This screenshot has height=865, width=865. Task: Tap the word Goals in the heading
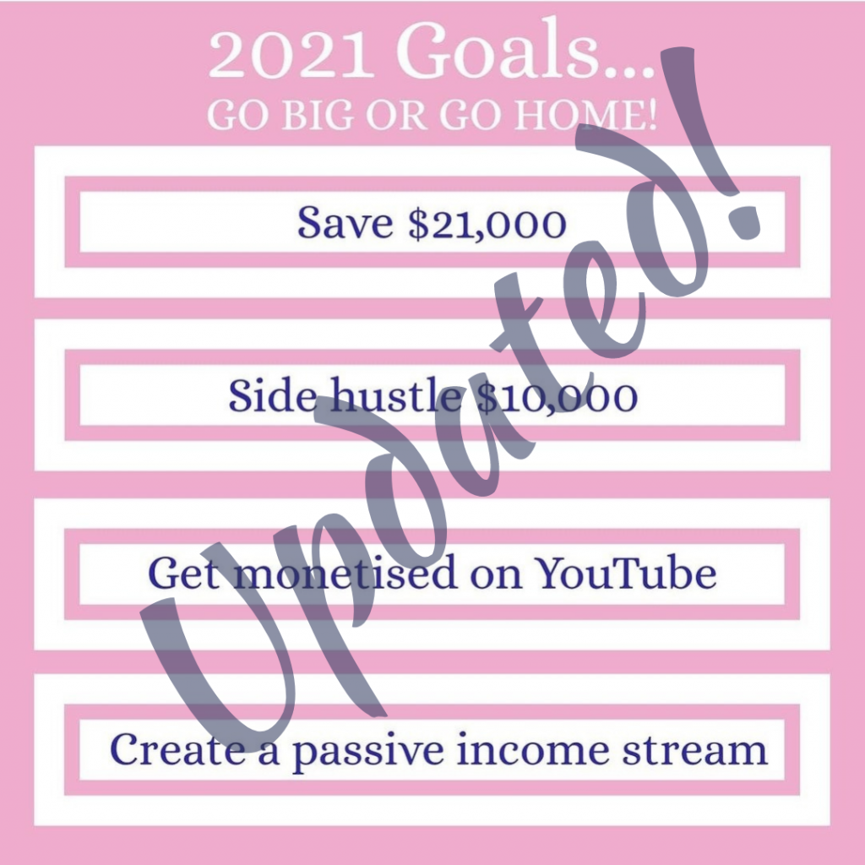coord(498,50)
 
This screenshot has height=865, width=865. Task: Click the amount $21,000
coord(487,223)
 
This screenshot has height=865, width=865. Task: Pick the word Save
coord(345,222)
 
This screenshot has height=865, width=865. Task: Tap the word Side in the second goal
coord(273,394)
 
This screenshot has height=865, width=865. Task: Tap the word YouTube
coord(627,573)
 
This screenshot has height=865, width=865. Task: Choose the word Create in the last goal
coord(177,749)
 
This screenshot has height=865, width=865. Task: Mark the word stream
coord(695,750)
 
